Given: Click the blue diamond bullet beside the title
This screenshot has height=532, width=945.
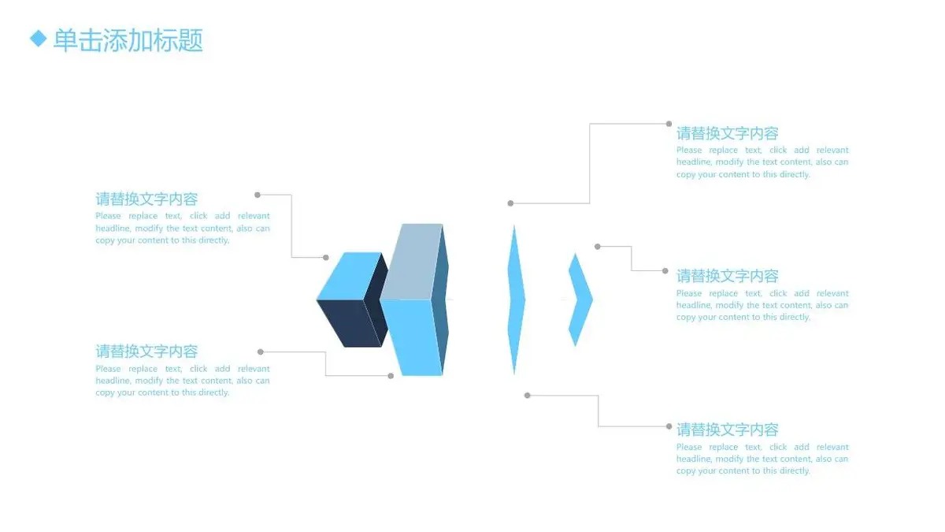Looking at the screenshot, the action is click(39, 39).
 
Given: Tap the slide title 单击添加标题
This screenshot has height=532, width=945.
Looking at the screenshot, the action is click(128, 40).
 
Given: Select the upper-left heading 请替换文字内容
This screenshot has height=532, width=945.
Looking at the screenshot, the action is click(146, 199).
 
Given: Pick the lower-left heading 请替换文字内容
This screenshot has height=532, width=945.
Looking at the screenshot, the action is click(146, 352).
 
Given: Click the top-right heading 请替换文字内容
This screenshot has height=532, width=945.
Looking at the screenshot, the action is click(728, 133).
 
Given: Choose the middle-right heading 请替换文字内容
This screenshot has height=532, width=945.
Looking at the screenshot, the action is click(728, 276).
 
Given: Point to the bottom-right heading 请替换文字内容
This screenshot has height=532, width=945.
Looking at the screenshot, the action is click(728, 430).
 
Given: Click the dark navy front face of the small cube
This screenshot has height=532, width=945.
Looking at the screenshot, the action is click(350, 323).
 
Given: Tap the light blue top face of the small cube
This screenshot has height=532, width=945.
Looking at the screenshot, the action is click(350, 276).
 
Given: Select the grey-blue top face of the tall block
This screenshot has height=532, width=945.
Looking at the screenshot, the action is click(412, 262).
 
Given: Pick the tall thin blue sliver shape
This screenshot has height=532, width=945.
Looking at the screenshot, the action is click(516, 299).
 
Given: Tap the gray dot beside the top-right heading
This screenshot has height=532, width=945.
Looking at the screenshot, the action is click(669, 124).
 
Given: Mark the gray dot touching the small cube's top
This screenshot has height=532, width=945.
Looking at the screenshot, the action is click(326, 258).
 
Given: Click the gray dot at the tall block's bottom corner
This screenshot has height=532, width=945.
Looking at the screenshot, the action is click(391, 376).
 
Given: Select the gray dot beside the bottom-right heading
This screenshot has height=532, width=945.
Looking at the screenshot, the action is click(669, 426).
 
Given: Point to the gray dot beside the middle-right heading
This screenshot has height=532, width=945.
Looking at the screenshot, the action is click(665, 271).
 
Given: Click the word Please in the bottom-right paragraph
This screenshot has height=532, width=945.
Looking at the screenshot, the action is click(689, 447).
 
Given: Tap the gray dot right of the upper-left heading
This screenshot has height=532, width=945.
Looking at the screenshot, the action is click(258, 195).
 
